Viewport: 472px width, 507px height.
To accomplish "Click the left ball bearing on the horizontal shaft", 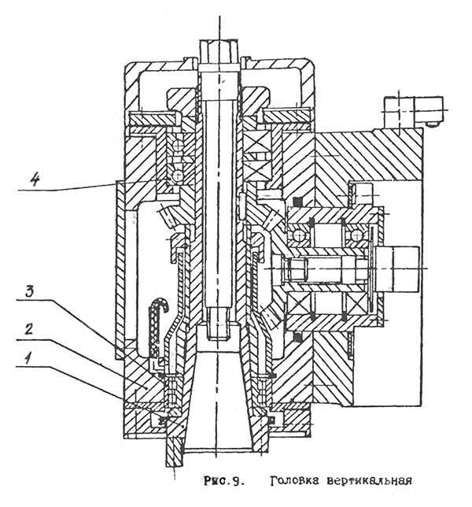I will coord(300,235).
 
